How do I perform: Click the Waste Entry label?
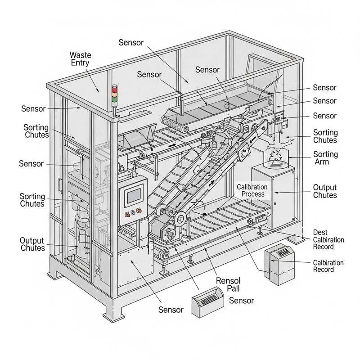[x=80, y=59]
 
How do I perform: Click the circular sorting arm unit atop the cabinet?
[x=274, y=157]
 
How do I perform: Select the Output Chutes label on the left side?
[x=32, y=243]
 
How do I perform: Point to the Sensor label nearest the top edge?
[x=131, y=42]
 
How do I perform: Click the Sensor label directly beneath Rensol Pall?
[x=242, y=300]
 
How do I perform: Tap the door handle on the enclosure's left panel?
[x=60, y=186]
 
